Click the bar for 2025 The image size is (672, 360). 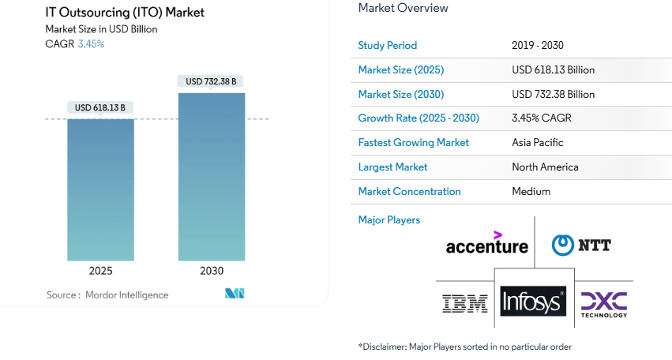coord(100,189)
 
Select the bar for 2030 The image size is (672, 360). coord(211,177)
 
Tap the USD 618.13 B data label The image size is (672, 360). coord(100,107)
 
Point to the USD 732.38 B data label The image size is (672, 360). coord(211,81)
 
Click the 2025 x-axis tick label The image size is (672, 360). coord(100,271)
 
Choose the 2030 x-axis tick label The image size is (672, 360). coord(211,271)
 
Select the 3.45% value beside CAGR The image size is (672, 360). coord(91,44)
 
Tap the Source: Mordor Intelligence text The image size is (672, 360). coord(107,294)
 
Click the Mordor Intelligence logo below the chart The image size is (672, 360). coord(235,294)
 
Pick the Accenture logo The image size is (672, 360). coord(486,245)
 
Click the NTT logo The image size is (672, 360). coord(581,246)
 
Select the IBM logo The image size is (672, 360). coord(465,302)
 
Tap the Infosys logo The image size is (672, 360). coord(533,302)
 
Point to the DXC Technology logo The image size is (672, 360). coord(604,303)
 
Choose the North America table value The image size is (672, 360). coord(545,167)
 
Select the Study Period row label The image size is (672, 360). coord(387,46)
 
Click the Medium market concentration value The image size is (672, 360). coord(531,192)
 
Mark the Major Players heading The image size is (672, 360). coord(389,220)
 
